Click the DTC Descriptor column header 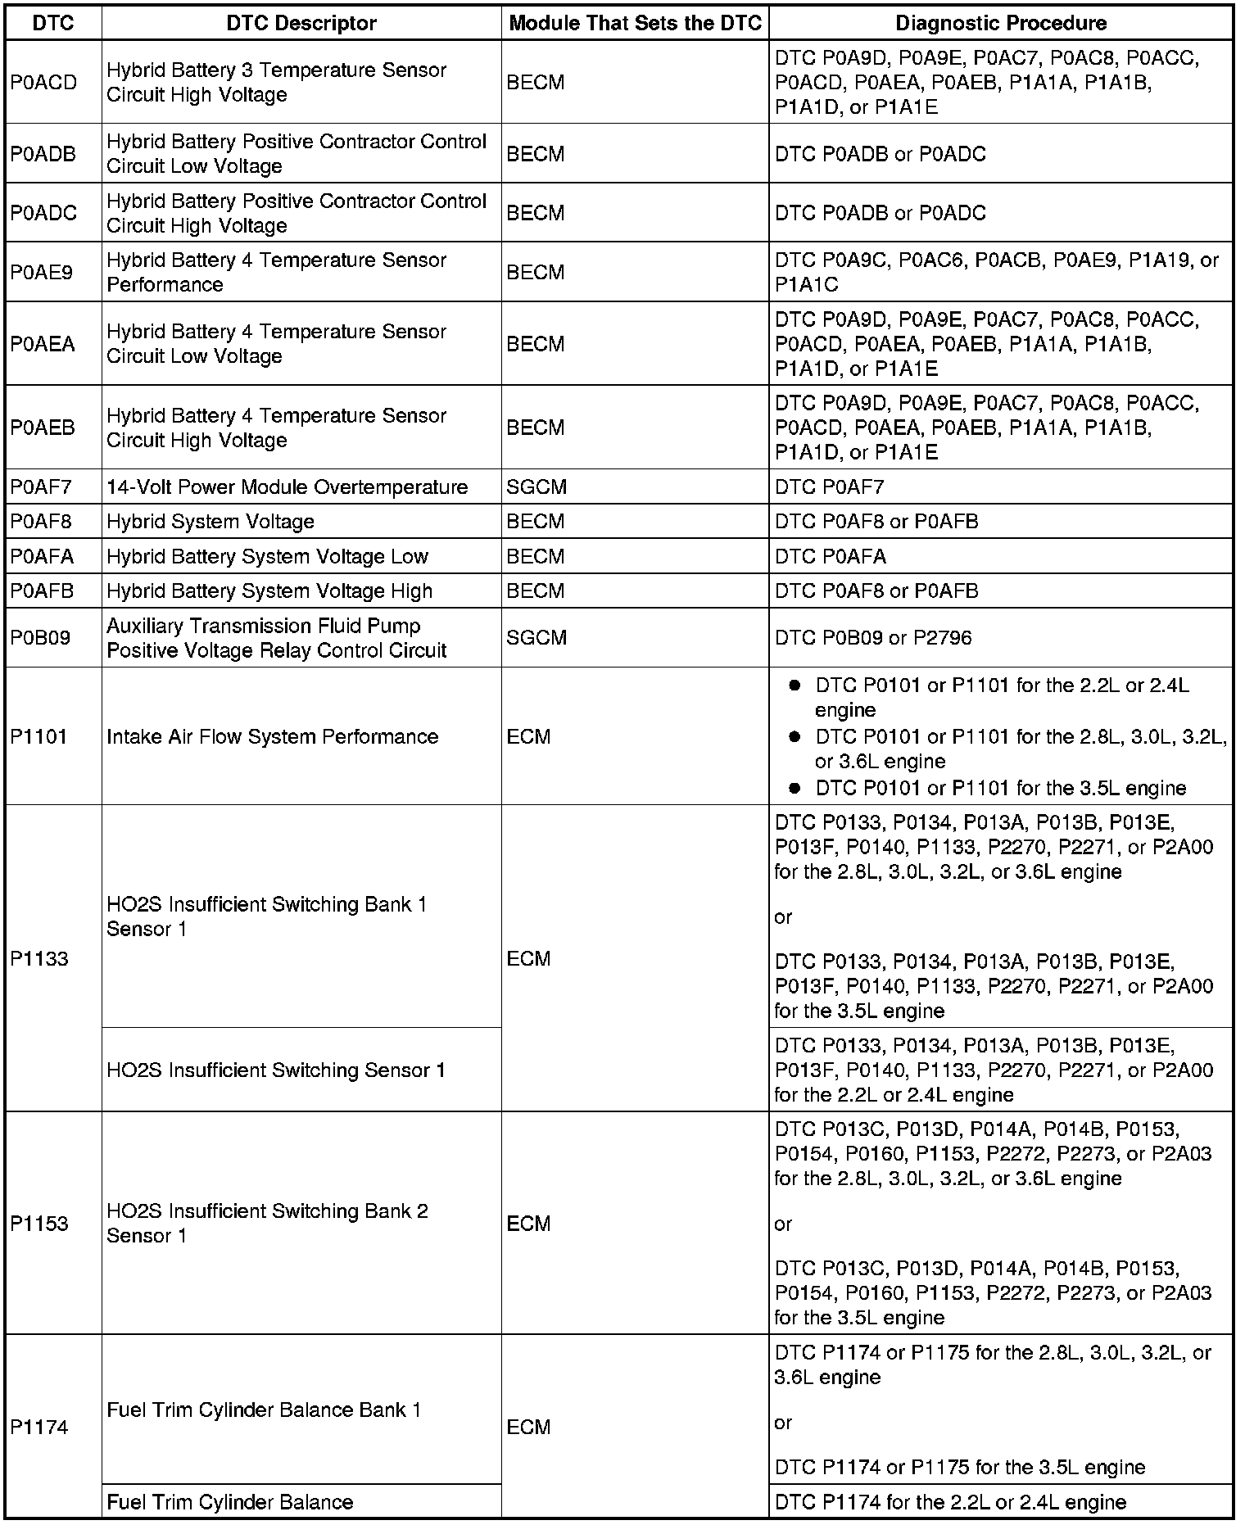click(301, 23)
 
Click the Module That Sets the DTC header click(635, 23)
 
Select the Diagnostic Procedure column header click(1000, 23)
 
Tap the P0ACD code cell click(43, 83)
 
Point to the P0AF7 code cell click(41, 487)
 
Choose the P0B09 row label click(40, 638)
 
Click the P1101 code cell click(38, 736)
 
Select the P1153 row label click(38, 1224)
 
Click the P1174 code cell click(38, 1427)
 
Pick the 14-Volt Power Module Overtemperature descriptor click(287, 487)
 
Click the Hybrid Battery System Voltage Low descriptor click(267, 557)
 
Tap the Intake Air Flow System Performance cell click(272, 736)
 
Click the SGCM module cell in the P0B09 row click(536, 638)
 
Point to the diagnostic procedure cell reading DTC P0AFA click(831, 557)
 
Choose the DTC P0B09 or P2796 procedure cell click(873, 638)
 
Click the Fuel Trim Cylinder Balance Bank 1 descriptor click(264, 1410)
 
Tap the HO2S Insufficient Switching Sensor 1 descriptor click(276, 1070)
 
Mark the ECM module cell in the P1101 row click(529, 736)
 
